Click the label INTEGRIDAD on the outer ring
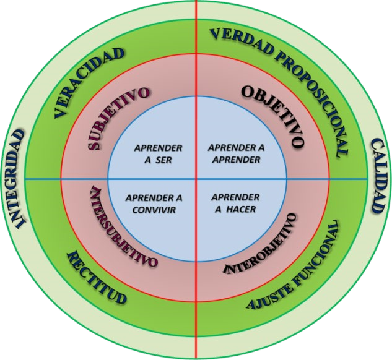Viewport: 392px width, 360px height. pyautogui.click(x=17, y=179)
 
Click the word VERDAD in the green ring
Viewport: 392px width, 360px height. pyautogui.click(x=238, y=41)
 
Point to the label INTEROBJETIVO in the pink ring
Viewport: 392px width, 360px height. pyautogui.click(x=266, y=247)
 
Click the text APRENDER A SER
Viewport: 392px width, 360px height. pyautogui.click(x=159, y=154)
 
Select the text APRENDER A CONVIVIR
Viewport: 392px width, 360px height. pyautogui.click(x=154, y=204)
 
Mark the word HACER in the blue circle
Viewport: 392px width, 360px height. pyautogui.click(x=242, y=209)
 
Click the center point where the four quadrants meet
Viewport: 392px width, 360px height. pyautogui.click(x=197, y=179)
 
